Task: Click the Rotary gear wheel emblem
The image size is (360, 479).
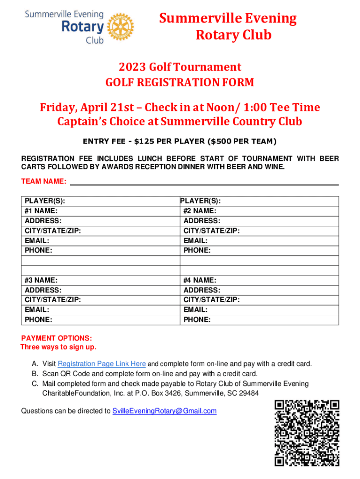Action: [120, 25]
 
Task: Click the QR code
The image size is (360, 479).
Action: [306, 433]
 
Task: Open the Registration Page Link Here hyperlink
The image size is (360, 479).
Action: [102, 364]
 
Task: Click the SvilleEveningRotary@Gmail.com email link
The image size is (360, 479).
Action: [165, 411]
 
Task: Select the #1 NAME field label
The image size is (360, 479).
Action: [41, 211]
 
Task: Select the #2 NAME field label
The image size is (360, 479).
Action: [200, 211]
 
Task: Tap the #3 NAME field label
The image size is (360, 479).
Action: [41, 280]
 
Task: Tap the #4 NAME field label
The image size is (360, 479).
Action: [200, 280]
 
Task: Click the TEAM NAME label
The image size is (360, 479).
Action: [44, 181]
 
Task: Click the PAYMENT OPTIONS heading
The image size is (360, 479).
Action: [57, 338]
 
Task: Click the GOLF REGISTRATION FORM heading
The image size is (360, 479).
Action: [180, 83]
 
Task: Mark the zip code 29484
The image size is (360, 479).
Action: [249, 393]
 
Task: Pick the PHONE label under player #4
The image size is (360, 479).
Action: [197, 320]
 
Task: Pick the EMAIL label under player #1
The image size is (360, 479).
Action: [37, 240]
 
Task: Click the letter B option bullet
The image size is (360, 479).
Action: [35, 374]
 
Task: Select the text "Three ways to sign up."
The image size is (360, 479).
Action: [58, 347]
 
